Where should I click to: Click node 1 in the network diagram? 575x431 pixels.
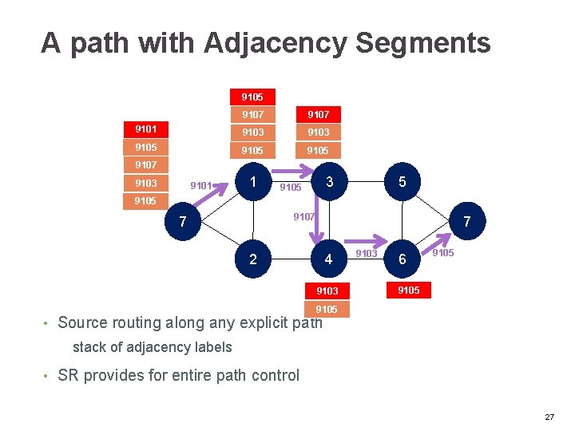pos(253,182)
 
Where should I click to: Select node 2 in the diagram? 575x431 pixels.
pos(253,259)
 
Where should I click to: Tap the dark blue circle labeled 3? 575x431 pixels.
pos(328,182)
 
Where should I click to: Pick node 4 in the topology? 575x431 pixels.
pos(328,259)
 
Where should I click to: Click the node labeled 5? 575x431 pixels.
pos(402,182)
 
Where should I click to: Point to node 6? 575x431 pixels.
pos(402,259)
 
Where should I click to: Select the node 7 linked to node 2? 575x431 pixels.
pos(184,221)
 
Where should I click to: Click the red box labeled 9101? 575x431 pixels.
pos(145,129)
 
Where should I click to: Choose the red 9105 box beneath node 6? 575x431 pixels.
pos(408,291)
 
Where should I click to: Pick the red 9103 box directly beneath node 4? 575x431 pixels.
pos(327,291)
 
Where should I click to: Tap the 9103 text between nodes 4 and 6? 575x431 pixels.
pos(366,254)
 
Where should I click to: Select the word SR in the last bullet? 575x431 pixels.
pos(67,375)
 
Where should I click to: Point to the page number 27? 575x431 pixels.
pos(549,417)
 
